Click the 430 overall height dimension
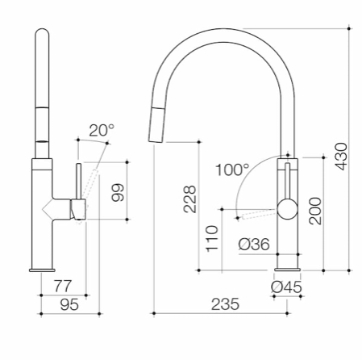[342, 157]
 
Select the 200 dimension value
[315, 211]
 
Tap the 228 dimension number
[190, 199]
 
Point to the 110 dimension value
[212, 239]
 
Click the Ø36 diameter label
[254, 245]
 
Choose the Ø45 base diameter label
[286, 287]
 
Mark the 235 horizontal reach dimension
[225, 304]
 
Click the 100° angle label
[232, 170]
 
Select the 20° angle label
[102, 130]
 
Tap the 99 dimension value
[118, 192]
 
